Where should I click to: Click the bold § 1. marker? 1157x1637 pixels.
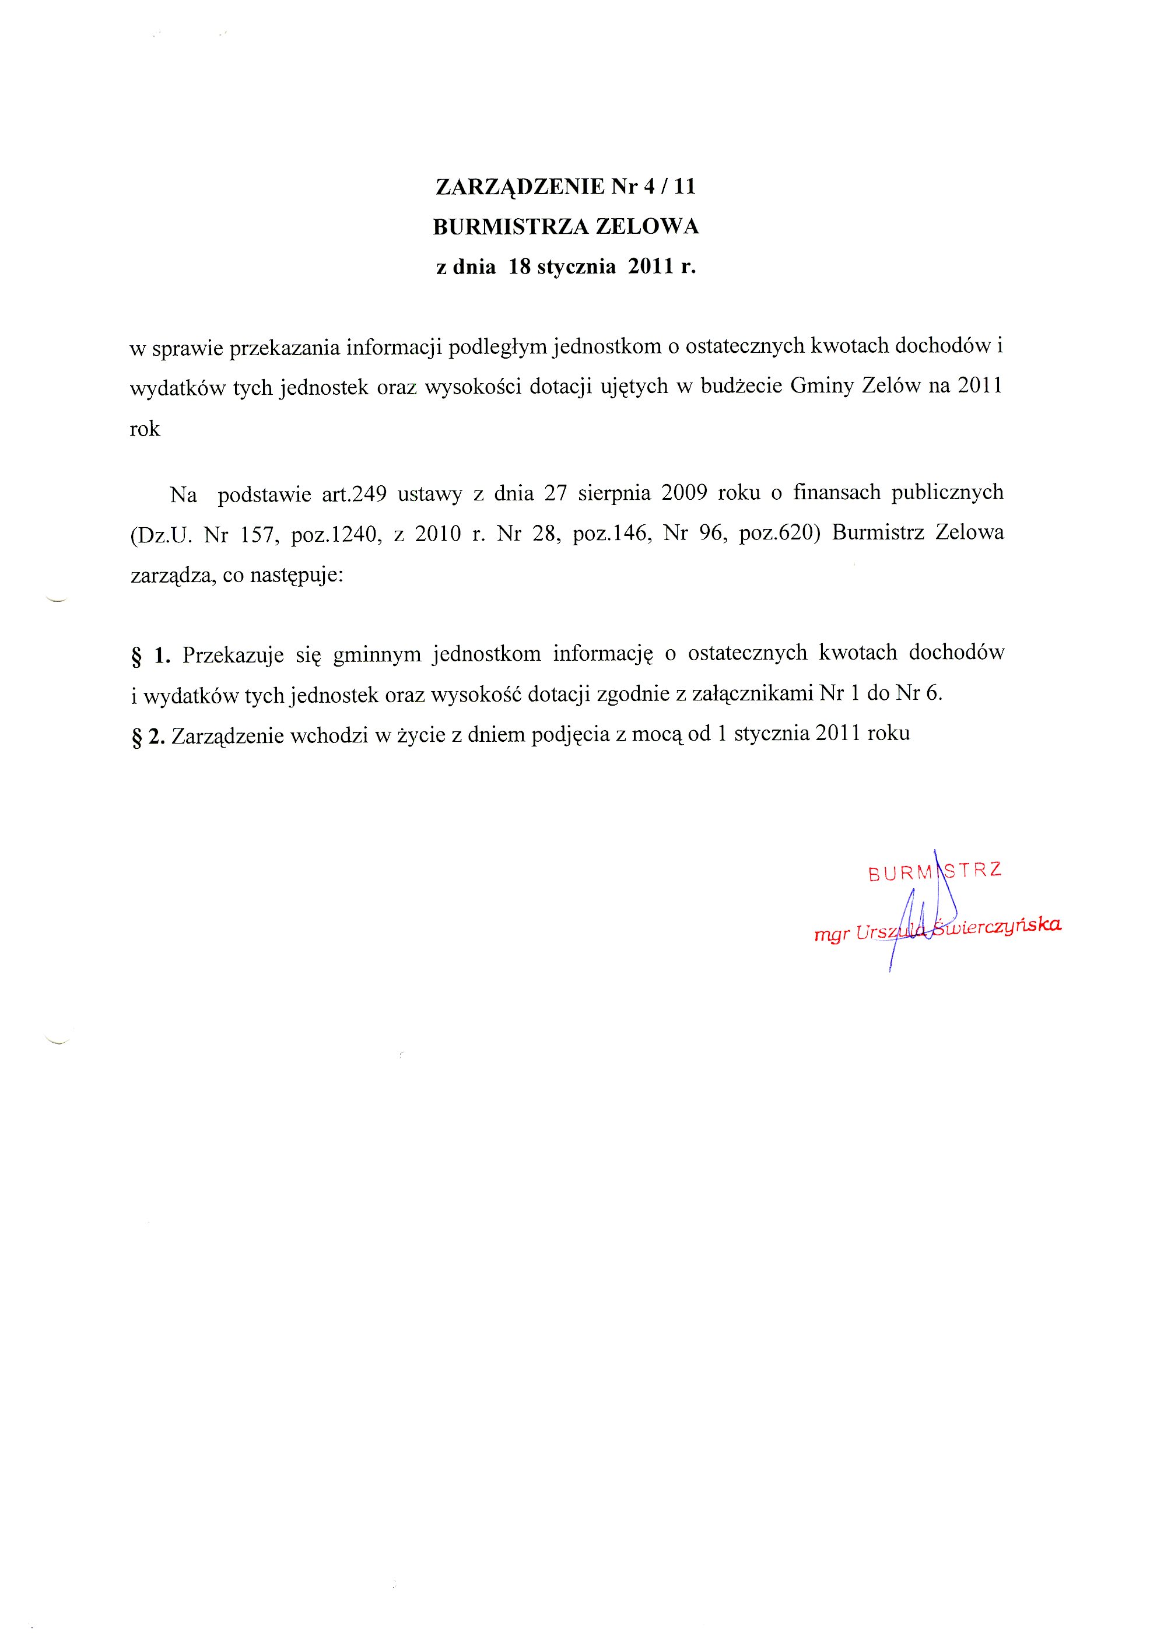(x=150, y=654)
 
